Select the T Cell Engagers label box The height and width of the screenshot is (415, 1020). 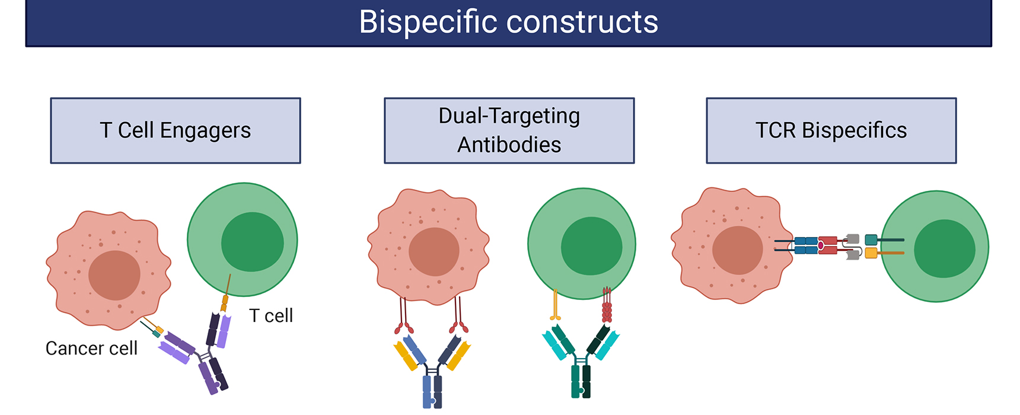tap(176, 130)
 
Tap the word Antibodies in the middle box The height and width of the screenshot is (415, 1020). tap(509, 145)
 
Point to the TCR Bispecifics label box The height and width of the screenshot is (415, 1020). tap(831, 130)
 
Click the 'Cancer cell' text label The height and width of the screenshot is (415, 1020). tap(91, 349)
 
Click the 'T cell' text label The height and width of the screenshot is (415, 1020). tap(270, 316)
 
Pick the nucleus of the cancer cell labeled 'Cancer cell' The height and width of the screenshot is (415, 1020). tap(114, 275)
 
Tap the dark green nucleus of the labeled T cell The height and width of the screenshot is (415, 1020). tap(253, 242)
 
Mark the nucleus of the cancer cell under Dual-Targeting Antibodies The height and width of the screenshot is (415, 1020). tap(434, 251)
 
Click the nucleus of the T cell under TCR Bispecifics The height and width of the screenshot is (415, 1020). tap(945, 248)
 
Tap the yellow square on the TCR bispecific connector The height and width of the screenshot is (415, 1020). tap(871, 254)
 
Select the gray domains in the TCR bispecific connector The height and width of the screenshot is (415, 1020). tap(852, 247)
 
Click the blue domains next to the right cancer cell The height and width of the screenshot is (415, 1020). tap(806, 245)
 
